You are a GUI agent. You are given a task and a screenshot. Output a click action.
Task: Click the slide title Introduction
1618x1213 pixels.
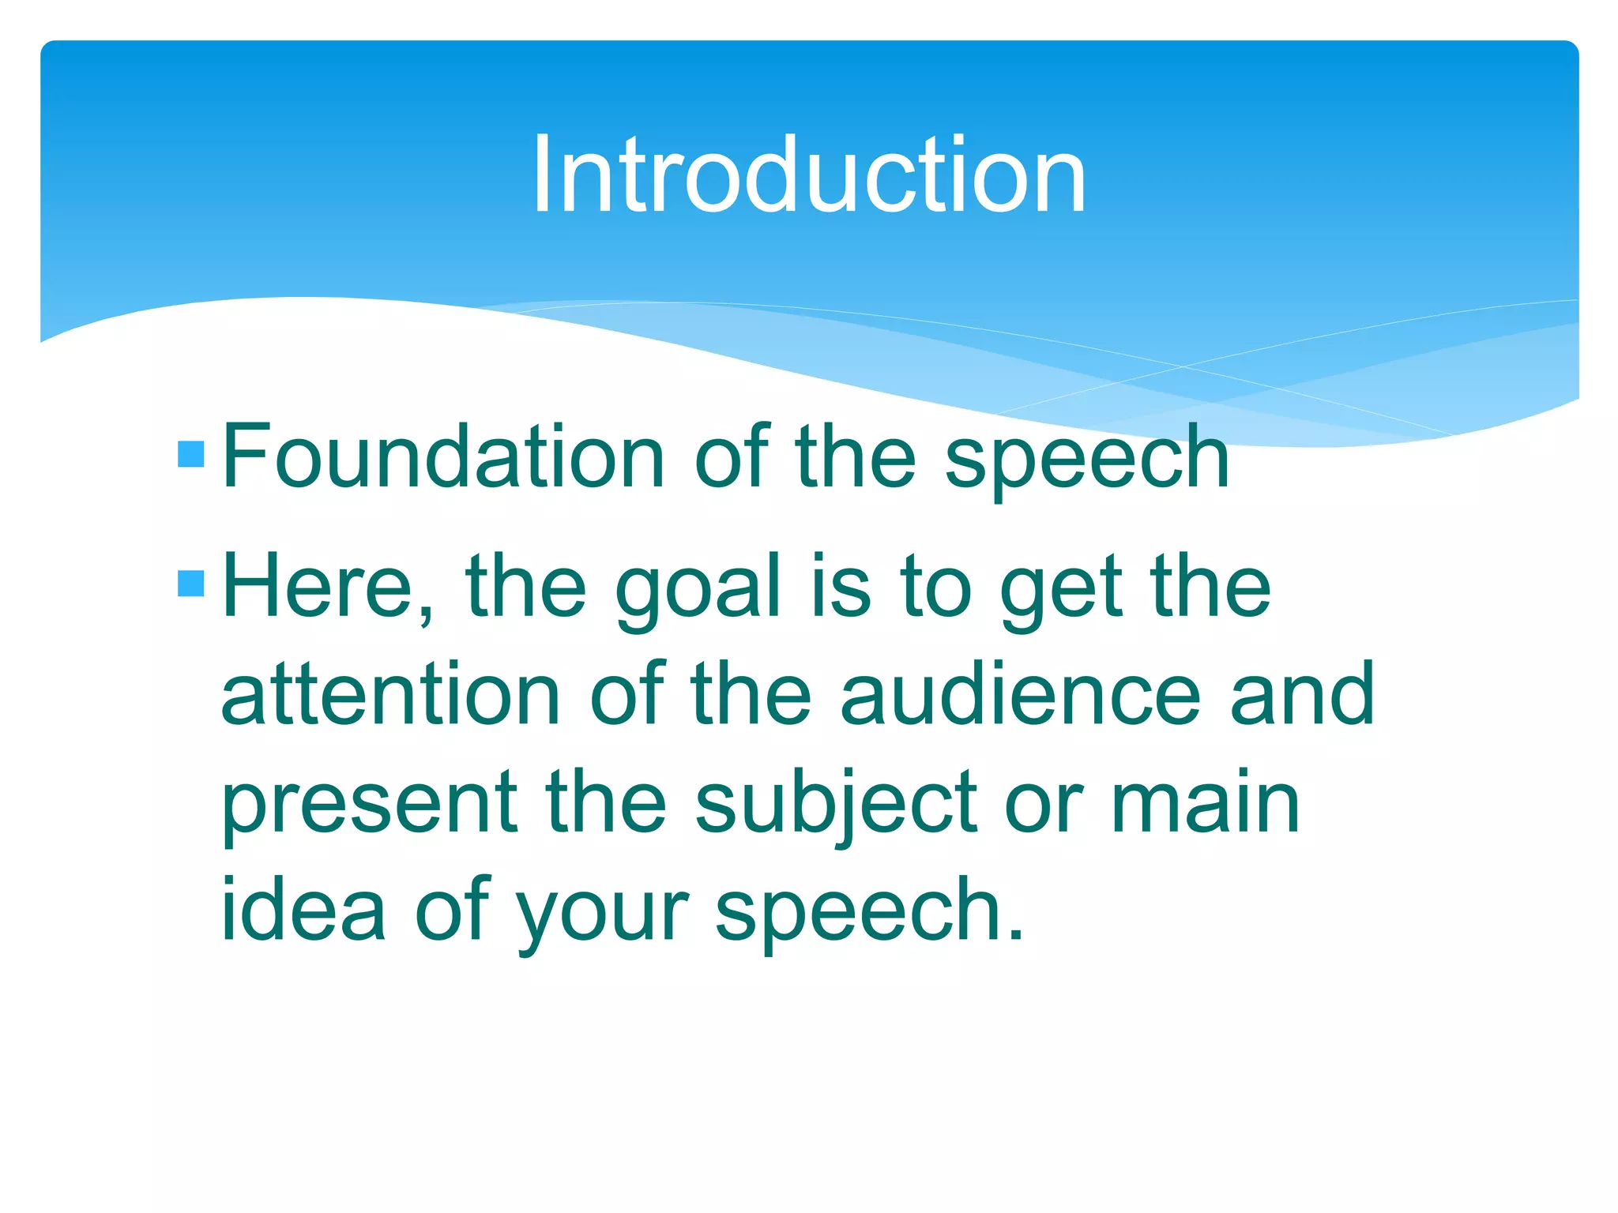(x=808, y=175)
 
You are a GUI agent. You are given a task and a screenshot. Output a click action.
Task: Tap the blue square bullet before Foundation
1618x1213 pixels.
(x=191, y=454)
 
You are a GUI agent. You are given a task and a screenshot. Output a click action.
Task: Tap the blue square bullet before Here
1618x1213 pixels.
(x=191, y=584)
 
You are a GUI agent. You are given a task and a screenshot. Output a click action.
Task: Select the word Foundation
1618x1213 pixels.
(x=443, y=456)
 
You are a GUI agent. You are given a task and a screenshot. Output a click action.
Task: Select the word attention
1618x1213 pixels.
(x=391, y=695)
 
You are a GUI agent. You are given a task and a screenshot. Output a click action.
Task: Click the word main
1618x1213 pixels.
(x=1206, y=804)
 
